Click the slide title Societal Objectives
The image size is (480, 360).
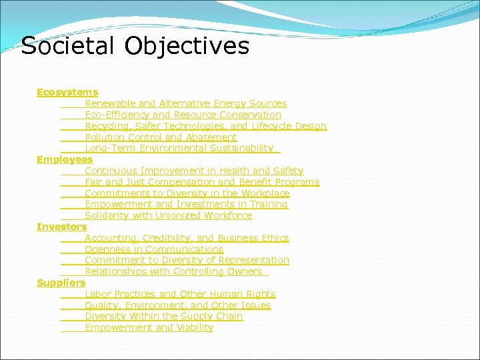pos(135,46)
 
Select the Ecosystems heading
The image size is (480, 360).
pos(67,92)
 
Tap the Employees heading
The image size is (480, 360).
pos(65,159)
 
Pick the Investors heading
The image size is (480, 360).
pos(61,227)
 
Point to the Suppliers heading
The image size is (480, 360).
pos(61,283)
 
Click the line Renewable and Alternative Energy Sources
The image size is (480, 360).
pos(185,103)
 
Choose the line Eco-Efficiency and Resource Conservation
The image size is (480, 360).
pos(183,115)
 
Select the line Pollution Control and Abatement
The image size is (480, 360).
pos(161,137)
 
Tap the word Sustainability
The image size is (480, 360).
pos(241,148)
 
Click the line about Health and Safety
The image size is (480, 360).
pos(193,171)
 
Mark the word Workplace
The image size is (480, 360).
pos(265,193)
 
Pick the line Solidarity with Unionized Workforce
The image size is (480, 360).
pos(168,215)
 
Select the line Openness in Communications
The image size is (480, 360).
pos(154,249)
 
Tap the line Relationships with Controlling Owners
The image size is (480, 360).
pos(173,271)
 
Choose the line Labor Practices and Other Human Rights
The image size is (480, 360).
pos(180,294)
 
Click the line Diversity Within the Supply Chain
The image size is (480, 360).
pos(163,316)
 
